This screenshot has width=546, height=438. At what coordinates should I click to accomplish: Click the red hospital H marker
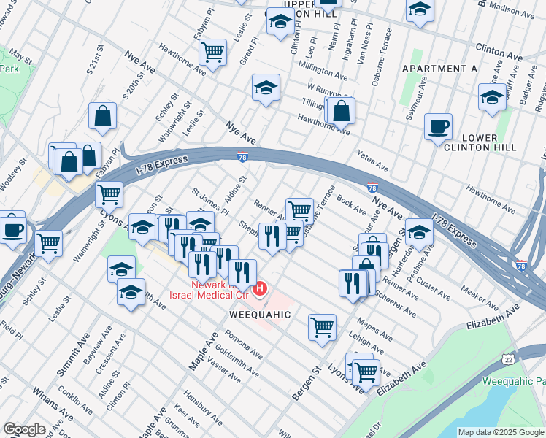pyautogui.click(x=259, y=292)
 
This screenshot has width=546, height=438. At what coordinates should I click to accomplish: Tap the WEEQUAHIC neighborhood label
pyautogui.click(x=261, y=315)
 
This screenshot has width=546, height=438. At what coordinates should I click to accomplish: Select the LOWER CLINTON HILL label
pyautogui.click(x=480, y=142)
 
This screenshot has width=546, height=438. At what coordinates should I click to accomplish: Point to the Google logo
pyautogui.click(x=24, y=429)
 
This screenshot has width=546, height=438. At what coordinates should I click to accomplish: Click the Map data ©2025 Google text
pyautogui.click(x=500, y=432)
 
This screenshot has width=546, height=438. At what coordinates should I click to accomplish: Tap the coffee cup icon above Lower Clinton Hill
pyautogui.click(x=438, y=126)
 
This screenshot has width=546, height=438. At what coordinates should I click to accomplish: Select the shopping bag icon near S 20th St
pyautogui.click(x=103, y=116)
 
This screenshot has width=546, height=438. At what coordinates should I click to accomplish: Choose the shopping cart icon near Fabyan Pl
pyautogui.click(x=213, y=52)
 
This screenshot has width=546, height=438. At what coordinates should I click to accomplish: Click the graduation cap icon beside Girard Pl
pyautogui.click(x=266, y=88)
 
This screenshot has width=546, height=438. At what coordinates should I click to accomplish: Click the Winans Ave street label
pyautogui.click(x=53, y=405)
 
